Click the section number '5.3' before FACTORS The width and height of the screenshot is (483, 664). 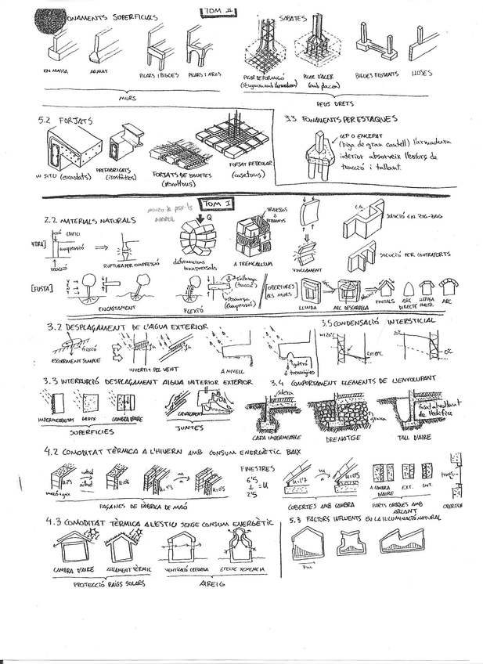tap(296, 519)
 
